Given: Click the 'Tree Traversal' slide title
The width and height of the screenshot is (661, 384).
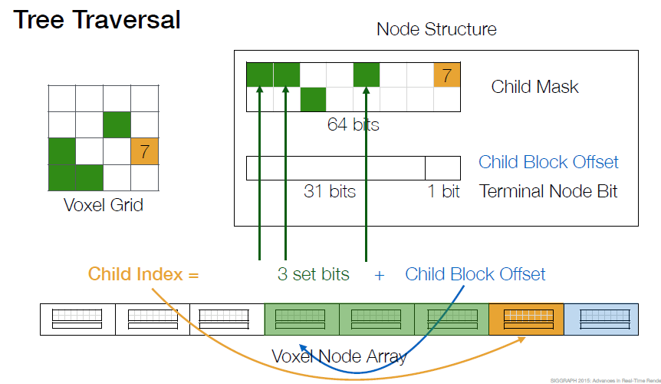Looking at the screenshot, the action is click(97, 20).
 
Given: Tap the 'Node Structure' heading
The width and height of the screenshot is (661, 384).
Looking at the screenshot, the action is click(436, 29).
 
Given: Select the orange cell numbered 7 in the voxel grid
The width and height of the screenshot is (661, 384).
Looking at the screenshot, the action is click(145, 151).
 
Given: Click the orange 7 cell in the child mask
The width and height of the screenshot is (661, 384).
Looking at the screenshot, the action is click(447, 75).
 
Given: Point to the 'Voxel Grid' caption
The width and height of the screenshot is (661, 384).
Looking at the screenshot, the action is click(104, 205).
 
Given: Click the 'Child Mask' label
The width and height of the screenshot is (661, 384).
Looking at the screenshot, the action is click(534, 87).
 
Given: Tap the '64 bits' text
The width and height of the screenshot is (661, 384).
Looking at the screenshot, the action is click(354, 124).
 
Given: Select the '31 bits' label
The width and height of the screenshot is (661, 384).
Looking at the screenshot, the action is click(330, 191).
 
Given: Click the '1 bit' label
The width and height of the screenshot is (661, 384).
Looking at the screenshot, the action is click(443, 191).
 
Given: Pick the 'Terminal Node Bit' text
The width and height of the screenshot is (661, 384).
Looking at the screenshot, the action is click(548, 191).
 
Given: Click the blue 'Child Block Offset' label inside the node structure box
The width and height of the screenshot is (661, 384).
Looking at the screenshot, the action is click(548, 162).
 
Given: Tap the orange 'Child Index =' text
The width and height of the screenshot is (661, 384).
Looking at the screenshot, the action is click(143, 274).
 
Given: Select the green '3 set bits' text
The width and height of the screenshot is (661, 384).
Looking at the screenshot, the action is click(313, 274).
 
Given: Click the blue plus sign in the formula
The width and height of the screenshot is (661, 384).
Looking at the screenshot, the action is click(380, 276).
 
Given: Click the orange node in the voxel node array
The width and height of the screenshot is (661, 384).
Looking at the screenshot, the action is click(526, 319).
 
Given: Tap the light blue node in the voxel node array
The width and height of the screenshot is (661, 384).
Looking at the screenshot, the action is click(601, 319).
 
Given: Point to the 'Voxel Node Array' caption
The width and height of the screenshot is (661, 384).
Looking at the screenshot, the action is click(340, 356).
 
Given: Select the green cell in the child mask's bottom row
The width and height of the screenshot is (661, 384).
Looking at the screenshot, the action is click(313, 100).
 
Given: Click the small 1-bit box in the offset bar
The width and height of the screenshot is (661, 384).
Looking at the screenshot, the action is click(442, 168).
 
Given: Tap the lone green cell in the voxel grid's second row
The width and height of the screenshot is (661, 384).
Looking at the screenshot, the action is click(117, 124).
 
